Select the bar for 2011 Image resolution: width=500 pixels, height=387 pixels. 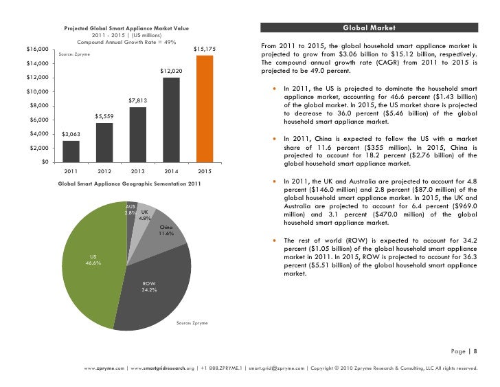point(71,151)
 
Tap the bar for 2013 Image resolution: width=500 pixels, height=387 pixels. point(137,134)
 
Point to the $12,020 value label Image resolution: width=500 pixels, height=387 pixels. point(171,71)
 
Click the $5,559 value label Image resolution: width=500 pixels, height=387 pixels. point(104,116)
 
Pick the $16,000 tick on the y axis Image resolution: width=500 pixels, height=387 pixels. point(36,49)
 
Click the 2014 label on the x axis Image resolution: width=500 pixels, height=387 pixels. point(171,170)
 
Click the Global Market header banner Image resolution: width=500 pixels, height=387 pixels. point(368,28)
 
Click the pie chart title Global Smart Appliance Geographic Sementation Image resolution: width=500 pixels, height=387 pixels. point(129,184)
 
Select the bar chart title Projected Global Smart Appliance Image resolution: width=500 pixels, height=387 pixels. point(126,28)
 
